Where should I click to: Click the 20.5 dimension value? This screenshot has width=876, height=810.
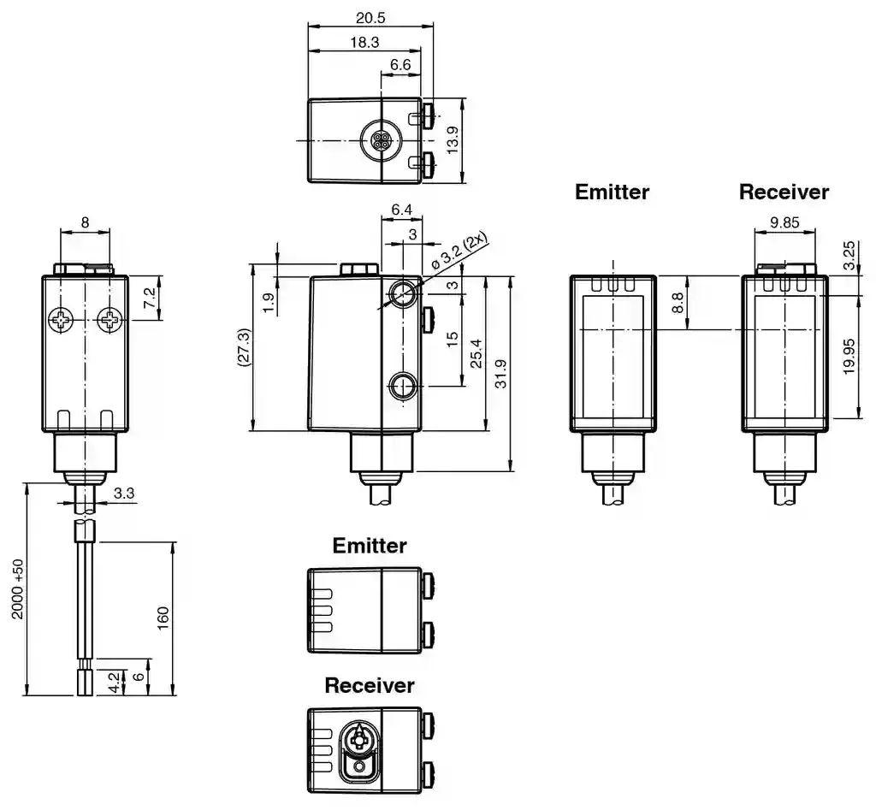coord(370,18)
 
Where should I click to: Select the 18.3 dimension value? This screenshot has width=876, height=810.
coord(364,42)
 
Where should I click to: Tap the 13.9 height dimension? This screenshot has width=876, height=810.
coord(453,140)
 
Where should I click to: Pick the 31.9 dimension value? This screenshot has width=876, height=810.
coord(500,373)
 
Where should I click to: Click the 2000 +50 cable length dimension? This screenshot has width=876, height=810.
coord(16,590)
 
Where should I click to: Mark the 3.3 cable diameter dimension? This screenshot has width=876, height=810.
coord(123,494)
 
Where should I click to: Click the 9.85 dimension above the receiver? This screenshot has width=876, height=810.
coord(784,222)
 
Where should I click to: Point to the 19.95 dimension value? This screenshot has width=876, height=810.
coord(848,355)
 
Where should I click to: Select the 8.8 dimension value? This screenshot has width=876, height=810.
coord(678,302)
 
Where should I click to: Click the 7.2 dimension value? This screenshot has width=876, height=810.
coord(149,299)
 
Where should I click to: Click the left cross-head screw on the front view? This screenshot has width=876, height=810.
coord(62,322)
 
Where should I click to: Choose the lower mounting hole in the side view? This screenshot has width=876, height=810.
coord(402,386)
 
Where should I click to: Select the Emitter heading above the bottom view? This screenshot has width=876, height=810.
coord(370,545)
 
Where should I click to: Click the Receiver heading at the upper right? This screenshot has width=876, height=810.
coord(784,192)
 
